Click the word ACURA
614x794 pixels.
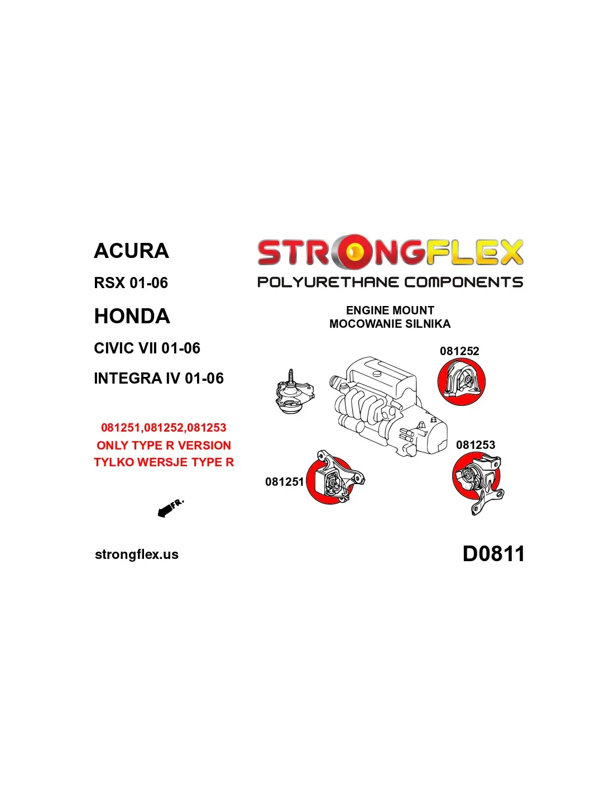coord(131,251)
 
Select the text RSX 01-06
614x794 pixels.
coord(131,283)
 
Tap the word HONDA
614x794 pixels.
coord(132,316)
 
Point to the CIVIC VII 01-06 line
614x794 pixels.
coord(147,348)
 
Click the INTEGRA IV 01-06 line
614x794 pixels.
coord(159,379)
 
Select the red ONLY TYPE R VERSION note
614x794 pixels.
coord(164,446)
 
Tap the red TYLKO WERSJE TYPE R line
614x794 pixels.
coord(164,462)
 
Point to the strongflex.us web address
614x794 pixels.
coord(137,554)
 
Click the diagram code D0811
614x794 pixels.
coord(493,554)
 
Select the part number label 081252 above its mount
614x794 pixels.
coord(459,351)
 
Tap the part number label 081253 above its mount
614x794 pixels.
coord(475,444)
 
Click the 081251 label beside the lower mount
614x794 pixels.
coord(285,482)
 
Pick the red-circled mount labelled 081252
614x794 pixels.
coord(461,382)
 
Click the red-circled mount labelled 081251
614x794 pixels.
coord(332,479)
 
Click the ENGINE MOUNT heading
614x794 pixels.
coord(390,310)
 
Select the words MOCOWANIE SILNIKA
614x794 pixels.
coord(390,324)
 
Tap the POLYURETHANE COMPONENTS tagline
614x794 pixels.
coord(390,283)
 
